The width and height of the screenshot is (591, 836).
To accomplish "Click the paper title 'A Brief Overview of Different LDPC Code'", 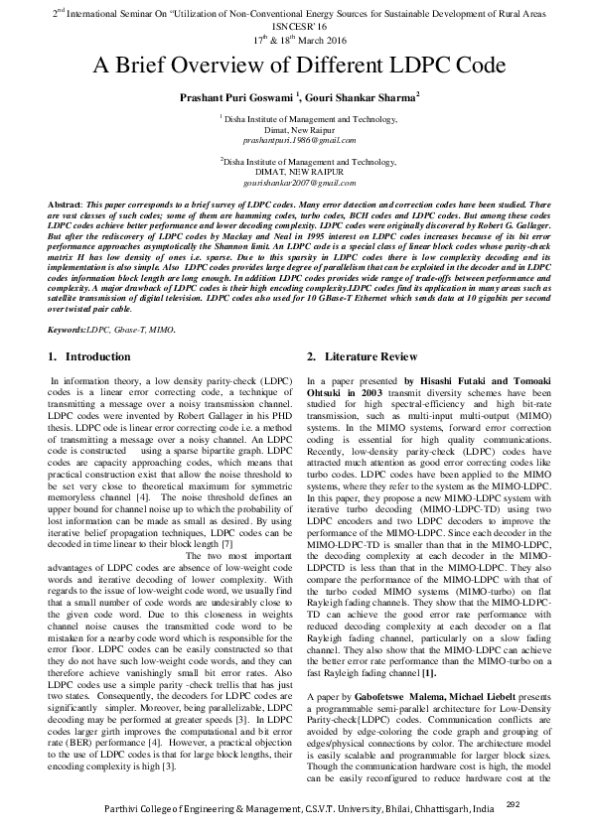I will click(295, 67).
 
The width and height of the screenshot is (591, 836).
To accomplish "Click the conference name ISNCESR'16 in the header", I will click(295, 26).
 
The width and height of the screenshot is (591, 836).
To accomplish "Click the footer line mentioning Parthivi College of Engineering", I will click(288, 813).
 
